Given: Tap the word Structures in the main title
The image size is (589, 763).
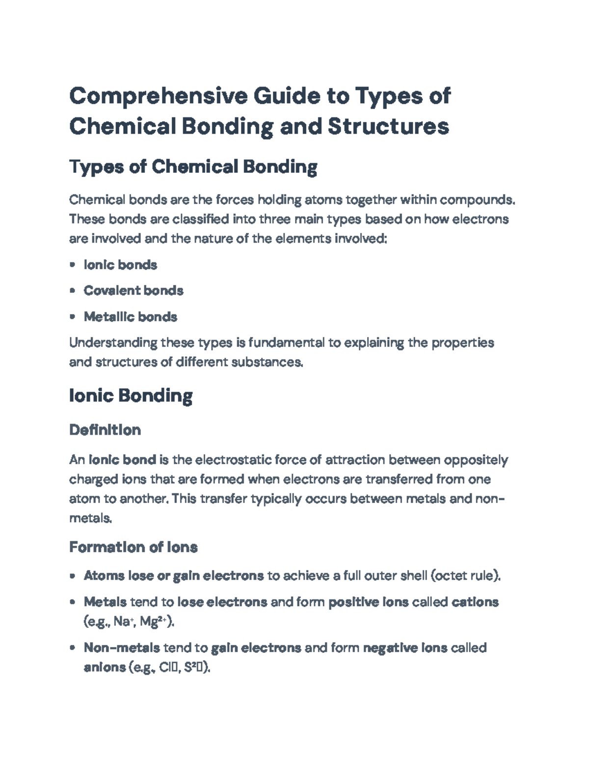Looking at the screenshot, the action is click(388, 126).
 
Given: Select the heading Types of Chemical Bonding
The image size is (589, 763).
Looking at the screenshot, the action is click(193, 167).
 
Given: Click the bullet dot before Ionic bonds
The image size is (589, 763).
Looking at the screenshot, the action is click(73, 265).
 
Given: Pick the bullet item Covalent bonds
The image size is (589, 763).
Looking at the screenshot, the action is click(134, 291).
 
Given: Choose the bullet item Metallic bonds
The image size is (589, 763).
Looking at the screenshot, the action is click(130, 317).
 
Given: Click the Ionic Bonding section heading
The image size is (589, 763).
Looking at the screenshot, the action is click(131, 396).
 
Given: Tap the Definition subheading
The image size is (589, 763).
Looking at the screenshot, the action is click(105, 430).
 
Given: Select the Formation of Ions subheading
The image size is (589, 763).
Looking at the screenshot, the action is click(133, 547).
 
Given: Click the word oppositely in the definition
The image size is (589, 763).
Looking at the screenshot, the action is click(476, 460).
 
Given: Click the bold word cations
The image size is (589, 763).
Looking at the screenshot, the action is click(475, 602).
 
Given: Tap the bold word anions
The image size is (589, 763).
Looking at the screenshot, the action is click(105, 667).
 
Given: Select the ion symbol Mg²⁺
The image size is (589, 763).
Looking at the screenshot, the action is click(153, 622).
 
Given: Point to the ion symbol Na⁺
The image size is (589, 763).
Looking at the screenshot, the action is click(123, 622).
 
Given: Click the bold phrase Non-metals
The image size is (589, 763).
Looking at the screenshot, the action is click(122, 648).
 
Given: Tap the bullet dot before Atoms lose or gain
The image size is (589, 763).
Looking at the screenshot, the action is click(73, 575).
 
